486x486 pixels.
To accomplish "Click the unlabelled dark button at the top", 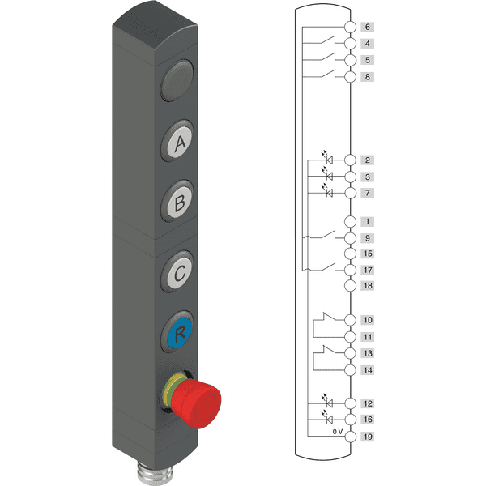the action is click(177, 80).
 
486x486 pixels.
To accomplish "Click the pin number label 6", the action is click(367, 27).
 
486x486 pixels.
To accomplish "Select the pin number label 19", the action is click(368, 437).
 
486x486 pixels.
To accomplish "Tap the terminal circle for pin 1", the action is click(350, 222).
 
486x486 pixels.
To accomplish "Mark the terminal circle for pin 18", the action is click(350, 286).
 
